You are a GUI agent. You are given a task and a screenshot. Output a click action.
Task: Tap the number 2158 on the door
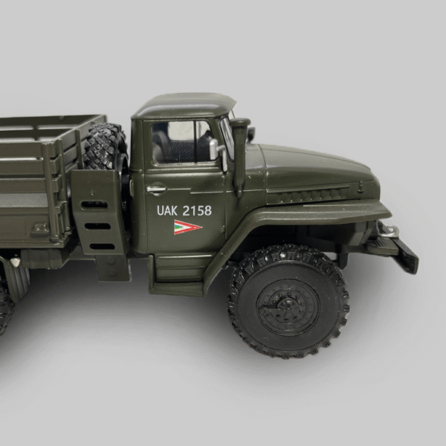[197, 210]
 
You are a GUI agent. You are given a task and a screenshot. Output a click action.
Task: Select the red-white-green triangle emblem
[187, 227]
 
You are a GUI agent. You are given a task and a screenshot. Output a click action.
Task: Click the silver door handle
[156, 190]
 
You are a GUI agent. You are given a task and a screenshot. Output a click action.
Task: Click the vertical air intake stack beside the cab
[240, 152]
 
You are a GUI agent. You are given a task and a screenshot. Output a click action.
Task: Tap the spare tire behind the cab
[104, 146]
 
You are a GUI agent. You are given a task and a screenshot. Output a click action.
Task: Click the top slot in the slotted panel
[94, 204]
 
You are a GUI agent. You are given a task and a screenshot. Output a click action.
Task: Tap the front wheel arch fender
[297, 222]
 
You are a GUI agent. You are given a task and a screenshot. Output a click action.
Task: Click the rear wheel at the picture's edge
[6, 301]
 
